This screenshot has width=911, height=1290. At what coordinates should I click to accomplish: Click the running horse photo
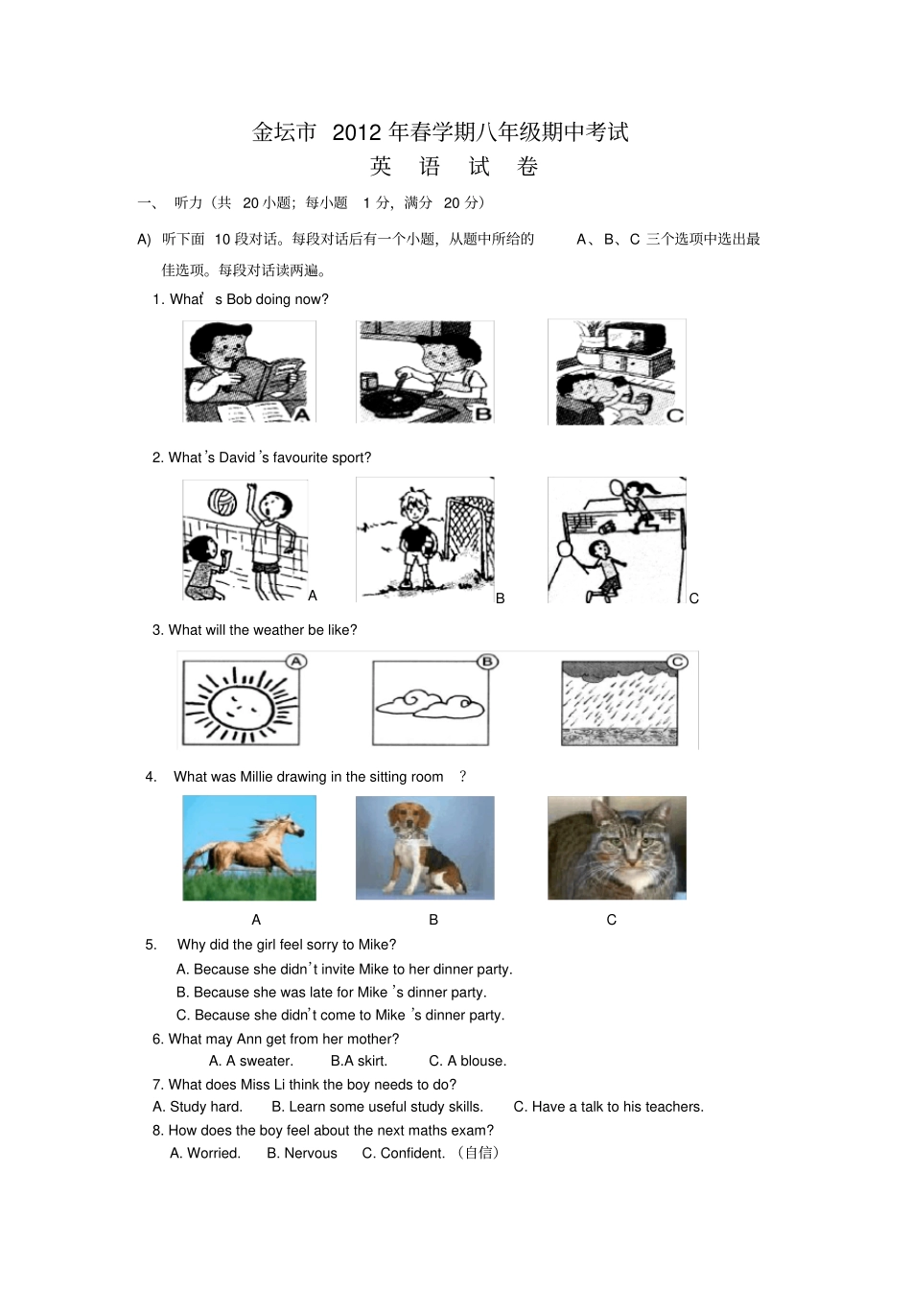(248, 848)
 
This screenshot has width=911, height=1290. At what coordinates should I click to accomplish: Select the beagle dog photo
(424, 848)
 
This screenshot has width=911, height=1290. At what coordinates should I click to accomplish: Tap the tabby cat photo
(617, 848)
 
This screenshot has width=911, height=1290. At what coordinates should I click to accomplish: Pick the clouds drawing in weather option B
(430, 704)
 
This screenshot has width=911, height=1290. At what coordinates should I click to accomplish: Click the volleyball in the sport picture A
(222, 502)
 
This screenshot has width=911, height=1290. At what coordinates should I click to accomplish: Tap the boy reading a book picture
(248, 371)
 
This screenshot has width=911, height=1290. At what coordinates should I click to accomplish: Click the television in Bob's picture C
(633, 339)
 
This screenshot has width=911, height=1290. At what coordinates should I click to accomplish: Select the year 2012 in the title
(357, 132)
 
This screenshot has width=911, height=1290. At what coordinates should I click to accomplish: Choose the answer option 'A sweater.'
(251, 1061)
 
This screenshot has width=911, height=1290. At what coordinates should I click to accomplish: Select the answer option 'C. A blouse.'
(467, 1061)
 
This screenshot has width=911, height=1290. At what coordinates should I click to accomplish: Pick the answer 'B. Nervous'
(301, 1153)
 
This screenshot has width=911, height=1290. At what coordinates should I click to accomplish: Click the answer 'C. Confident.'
(403, 1153)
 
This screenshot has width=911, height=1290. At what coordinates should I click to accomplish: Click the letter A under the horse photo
(256, 920)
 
